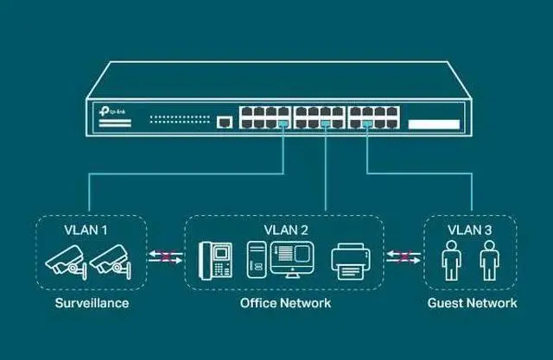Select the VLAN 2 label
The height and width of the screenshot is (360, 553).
[284, 231]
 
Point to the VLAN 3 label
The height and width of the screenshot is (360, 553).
[471, 231]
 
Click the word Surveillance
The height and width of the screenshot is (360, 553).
[92, 303]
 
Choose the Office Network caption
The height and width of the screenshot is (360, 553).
[285, 303]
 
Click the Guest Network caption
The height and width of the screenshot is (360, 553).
[472, 303]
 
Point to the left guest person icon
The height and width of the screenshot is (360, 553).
[450, 260]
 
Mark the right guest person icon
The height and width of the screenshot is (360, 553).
[490, 260]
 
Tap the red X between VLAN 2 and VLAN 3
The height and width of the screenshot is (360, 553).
[404, 255]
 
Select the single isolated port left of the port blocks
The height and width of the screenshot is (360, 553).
[226, 123]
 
